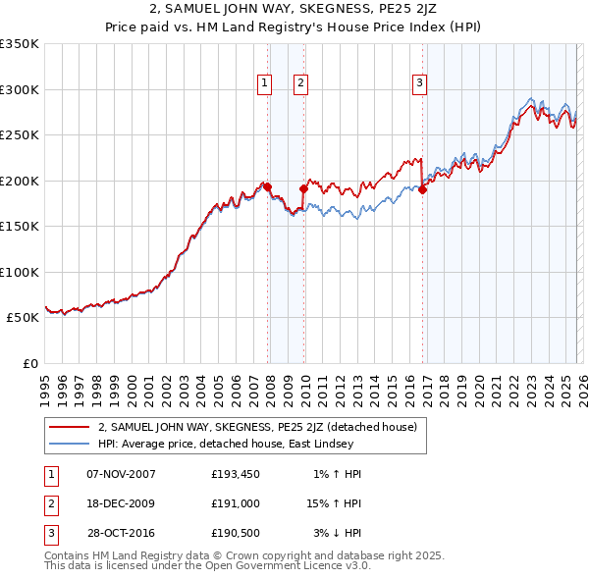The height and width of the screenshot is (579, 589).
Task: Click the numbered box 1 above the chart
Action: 265,83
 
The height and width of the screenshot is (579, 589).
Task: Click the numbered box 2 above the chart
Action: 300,83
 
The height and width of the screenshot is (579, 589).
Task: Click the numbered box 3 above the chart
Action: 419,83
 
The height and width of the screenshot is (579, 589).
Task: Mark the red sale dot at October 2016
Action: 422,189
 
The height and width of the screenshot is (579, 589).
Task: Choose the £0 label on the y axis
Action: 30,363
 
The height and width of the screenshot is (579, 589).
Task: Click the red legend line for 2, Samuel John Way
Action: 70,427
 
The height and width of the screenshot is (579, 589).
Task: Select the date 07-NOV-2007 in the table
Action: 121,474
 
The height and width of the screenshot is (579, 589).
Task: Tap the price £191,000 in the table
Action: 235,502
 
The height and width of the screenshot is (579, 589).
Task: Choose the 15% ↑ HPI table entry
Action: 336,502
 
